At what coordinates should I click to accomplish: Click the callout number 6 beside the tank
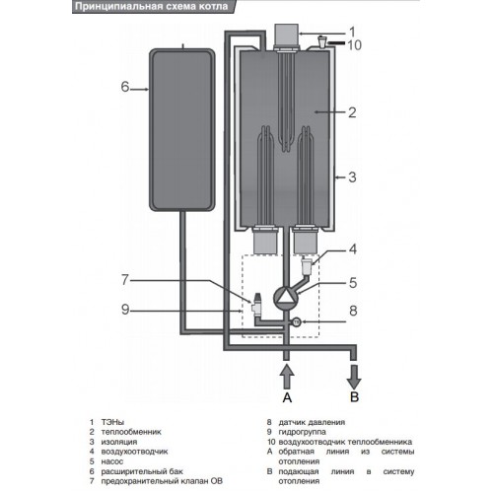pyautogui.click(x=125, y=87)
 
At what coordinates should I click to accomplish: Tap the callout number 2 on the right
pyautogui.click(x=352, y=112)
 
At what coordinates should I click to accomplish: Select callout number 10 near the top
pyautogui.click(x=354, y=45)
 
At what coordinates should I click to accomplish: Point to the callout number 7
pyautogui.click(x=125, y=280)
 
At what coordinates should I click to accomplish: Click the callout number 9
pyautogui.click(x=125, y=310)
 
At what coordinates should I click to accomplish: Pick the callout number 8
pyautogui.click(x=353, y=311)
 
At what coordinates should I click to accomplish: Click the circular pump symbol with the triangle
pyautogui.click(x=286, y=296)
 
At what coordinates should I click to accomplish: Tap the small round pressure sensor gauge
pyautogui.click(x=297, y=321)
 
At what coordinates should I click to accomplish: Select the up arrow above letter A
pyautogui.click(x=287, y=377)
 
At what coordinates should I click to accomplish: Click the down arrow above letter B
pyautogui.click(x=354, y=377)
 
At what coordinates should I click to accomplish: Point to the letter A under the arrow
pyautogui.click(x=287, y=397)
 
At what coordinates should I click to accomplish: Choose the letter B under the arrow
pyautogui.click(x=354, y=397)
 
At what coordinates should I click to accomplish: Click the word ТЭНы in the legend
pyautogui.click(x=112, y=422)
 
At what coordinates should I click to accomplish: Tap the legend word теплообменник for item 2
pyautogui.click(x=131, y=432)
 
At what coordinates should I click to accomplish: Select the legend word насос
pyautogui.click(x=112, y=461)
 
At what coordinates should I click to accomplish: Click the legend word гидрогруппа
pyautogui.click(x=303, y=432)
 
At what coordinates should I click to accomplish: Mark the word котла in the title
pyautogui.click(x=212, y=7)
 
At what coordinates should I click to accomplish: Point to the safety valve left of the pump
pyautogui.click(x=256, y=308)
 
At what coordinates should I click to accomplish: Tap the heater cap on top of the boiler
pyautogui.click(x=287, y=35)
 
